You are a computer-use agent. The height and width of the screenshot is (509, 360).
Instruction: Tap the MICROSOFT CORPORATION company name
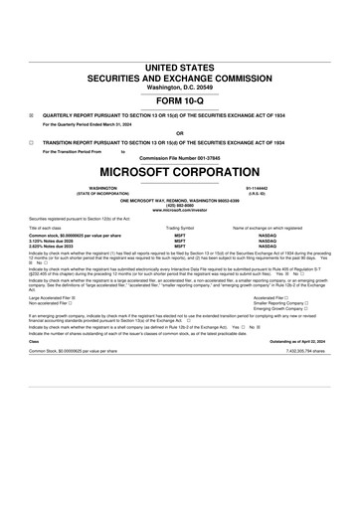(179, 171)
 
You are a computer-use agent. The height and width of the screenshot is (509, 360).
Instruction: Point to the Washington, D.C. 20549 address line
(179, 86)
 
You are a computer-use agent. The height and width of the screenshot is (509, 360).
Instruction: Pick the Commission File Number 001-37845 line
(179, 158)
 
